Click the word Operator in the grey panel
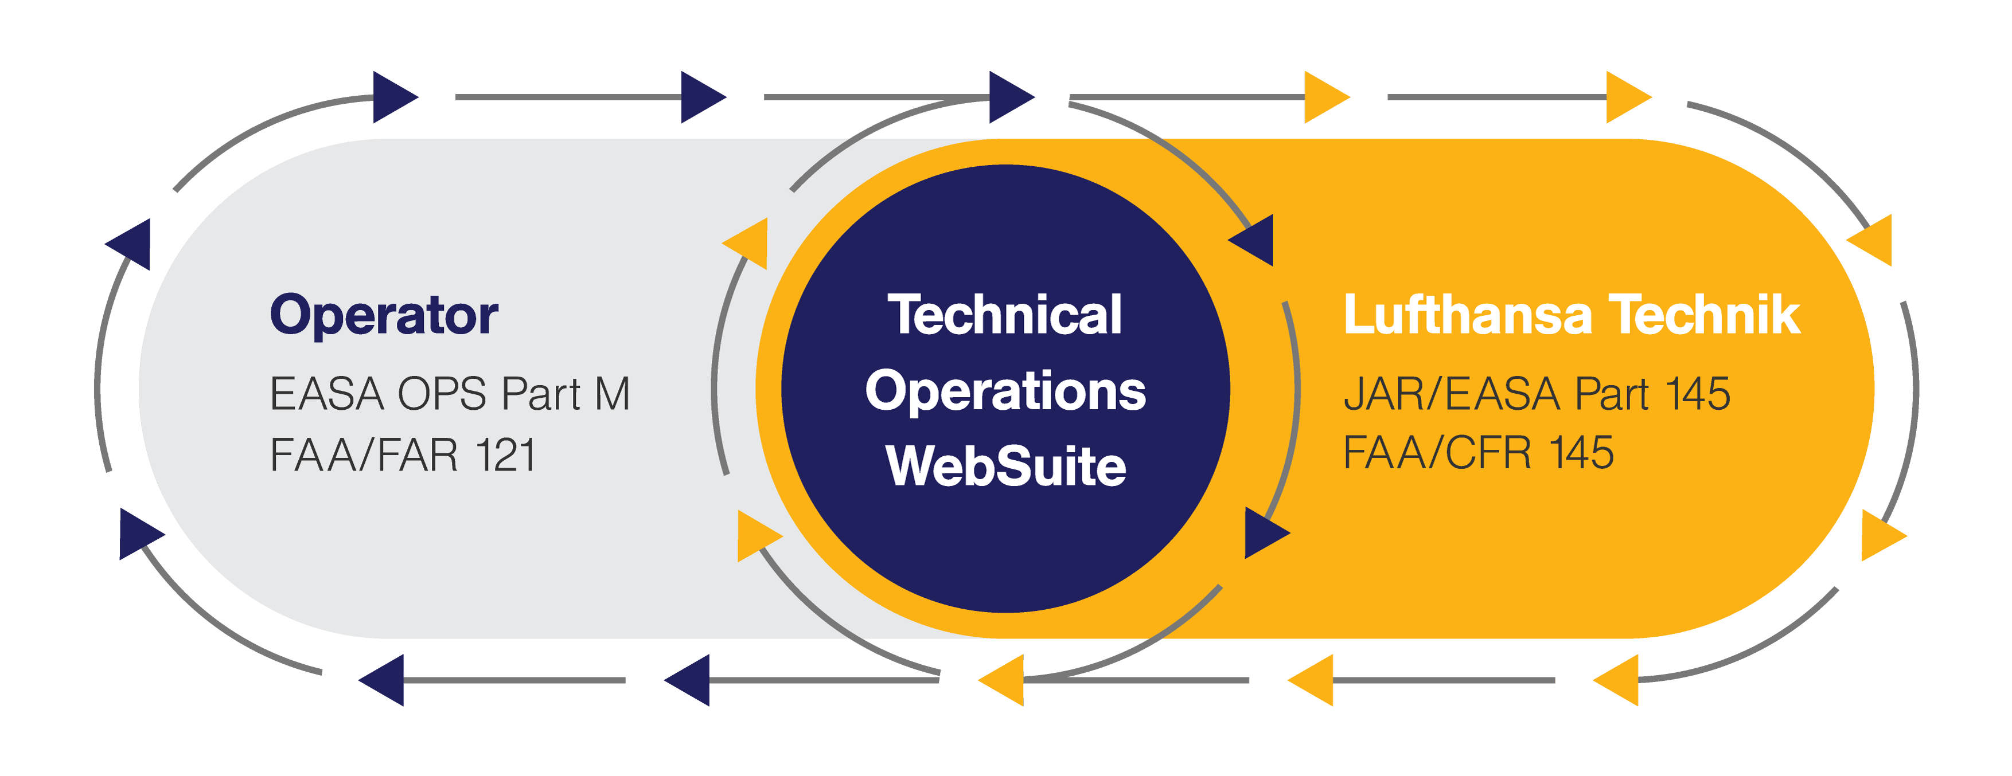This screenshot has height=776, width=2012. [384, 315]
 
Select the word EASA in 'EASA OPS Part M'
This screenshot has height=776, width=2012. [326, 394]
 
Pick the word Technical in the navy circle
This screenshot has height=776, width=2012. [1005, 315]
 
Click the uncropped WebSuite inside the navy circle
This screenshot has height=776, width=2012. [1005, 467]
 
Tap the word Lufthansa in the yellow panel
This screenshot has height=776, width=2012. [1467, 315]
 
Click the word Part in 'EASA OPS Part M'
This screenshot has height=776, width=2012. [540, 394]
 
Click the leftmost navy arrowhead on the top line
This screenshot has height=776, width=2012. [392, 97]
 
